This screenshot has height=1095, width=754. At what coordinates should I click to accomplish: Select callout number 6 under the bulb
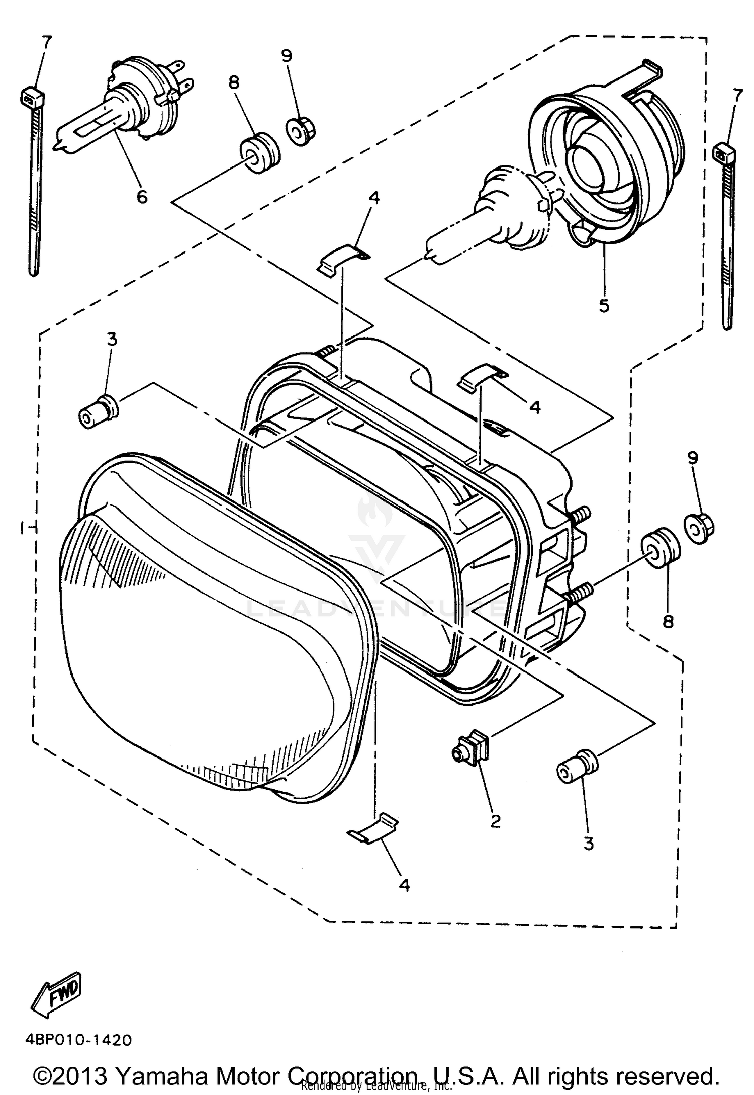142,196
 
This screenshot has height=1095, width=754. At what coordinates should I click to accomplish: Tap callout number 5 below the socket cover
604,305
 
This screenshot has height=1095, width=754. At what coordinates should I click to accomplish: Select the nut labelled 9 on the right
699,528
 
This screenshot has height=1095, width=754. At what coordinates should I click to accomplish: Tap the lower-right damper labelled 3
576,769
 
